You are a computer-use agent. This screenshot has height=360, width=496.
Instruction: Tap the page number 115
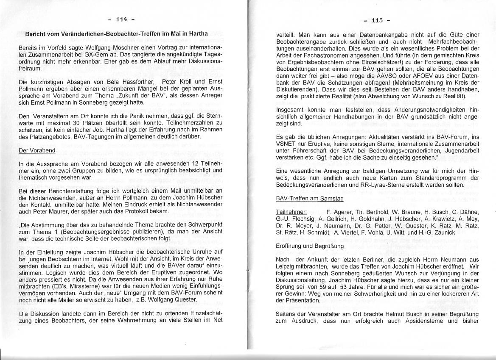tap(377, 20)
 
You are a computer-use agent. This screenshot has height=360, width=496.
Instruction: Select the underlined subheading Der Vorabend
tap(37, 151)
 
